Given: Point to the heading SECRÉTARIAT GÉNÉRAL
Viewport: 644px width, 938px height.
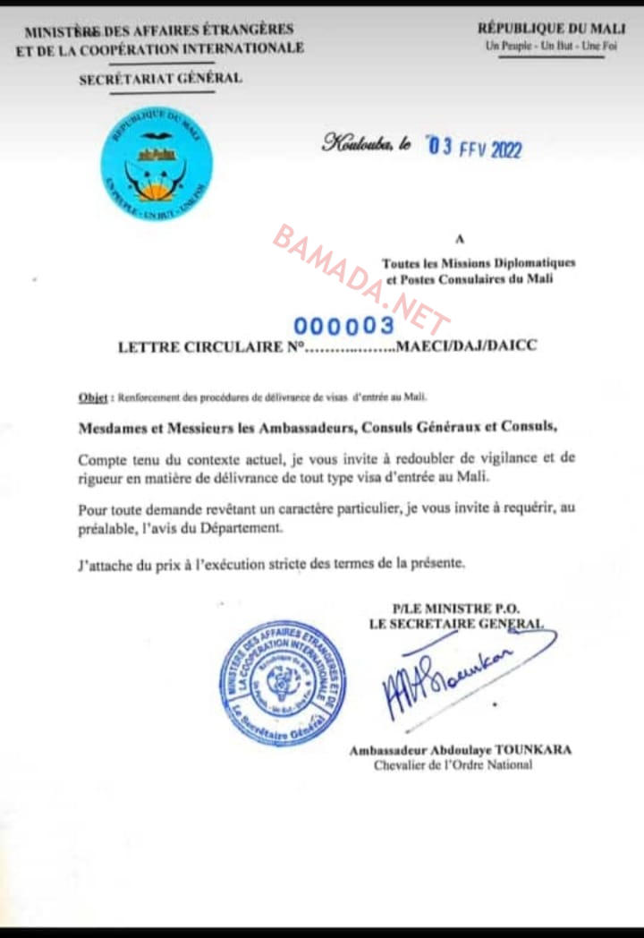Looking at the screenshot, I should (160, 79).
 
